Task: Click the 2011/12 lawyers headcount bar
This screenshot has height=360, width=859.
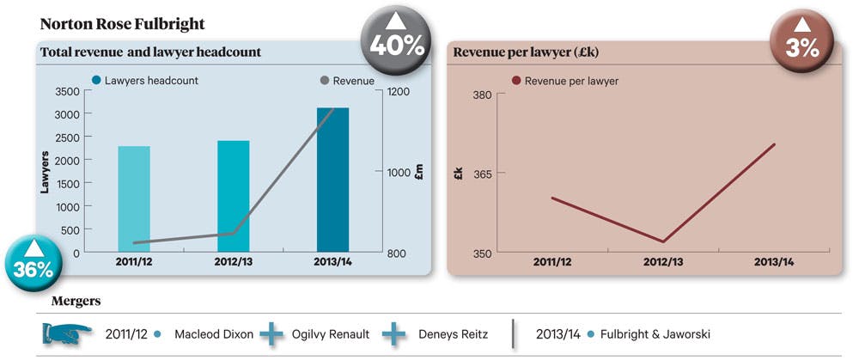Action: [x=134, y=199]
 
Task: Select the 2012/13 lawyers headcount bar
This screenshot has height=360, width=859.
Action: [x=234, y=196]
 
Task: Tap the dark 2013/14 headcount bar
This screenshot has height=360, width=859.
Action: [x=332, y=180]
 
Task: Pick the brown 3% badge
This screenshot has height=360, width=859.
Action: [x=801, y=40]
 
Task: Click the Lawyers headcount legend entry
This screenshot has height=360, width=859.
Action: [x=145, y=81]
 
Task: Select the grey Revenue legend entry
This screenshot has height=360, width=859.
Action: [x=347, y=81]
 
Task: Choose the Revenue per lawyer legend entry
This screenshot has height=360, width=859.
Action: [x=565, y=81]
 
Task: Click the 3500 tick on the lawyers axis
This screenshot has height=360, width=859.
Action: [x=67, y=91]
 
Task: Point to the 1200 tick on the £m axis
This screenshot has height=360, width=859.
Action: [x=399, y=92]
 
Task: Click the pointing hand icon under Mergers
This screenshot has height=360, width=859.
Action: [x=67, y=333]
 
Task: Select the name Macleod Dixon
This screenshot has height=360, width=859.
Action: [x=214, y=333]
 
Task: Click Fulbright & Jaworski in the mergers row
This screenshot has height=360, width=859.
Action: [x=655, y=333]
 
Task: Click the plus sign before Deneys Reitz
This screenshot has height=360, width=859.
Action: [x=393, y=333]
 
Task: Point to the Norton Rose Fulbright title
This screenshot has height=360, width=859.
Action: [x=123, y=24]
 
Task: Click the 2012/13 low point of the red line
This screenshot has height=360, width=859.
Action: [x=663, y=241]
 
